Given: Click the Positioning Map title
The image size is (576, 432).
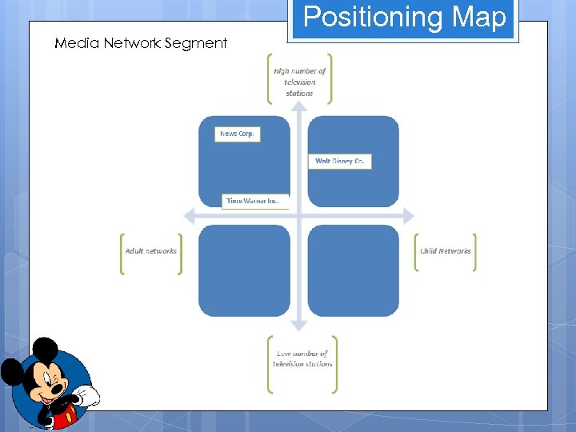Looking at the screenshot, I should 404,18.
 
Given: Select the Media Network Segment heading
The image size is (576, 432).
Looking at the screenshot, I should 141,43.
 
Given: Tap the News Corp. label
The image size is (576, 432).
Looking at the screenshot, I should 238,134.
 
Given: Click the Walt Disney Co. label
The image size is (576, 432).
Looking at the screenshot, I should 339,161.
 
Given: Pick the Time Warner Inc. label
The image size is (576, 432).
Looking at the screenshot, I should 254,201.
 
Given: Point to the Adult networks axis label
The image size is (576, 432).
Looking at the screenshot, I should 150,251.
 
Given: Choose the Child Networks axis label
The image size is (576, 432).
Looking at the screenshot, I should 446,251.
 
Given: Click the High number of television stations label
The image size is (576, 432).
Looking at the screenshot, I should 299,82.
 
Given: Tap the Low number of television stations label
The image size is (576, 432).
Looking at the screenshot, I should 302,358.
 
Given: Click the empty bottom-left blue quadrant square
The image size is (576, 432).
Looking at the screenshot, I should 244,270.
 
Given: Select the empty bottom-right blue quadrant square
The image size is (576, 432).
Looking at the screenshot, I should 353,270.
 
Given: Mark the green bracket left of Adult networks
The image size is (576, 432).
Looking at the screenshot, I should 122,254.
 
